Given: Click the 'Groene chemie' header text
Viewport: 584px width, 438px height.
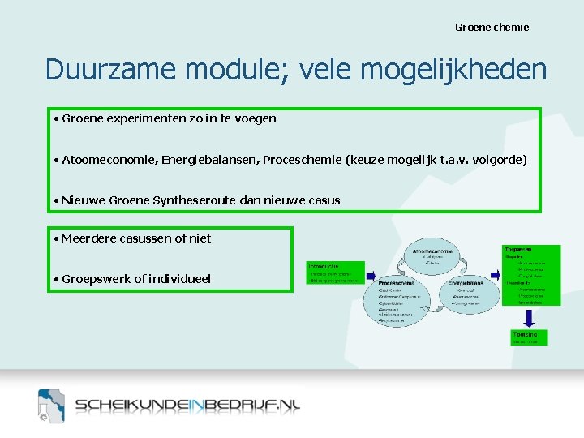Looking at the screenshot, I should tap(492, 28).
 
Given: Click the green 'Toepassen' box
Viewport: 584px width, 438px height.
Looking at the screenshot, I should tap(530, 275).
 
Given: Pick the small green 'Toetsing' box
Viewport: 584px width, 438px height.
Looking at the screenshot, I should tap(529, 337).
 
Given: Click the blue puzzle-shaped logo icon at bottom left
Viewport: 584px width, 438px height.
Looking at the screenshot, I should tap(51, 405).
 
